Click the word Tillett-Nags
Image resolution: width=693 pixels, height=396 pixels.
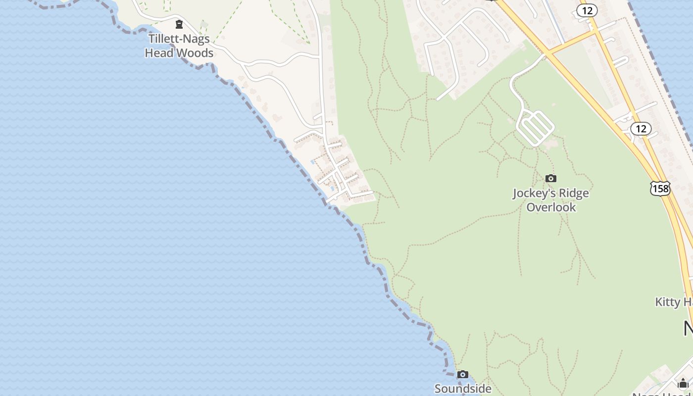pyautogui.click(x=179, y=39)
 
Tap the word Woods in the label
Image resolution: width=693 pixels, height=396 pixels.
pyautogui.click(x=197, y=53)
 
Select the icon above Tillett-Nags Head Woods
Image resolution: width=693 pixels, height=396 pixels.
pyautogui.click(x=179, y=24)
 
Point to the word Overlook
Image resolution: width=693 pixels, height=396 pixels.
pyautogui.click(x=551, y=207)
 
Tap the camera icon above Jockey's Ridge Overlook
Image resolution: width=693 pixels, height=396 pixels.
pyautogui.click(x=550, y=178)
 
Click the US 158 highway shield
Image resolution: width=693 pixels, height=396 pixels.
pyautogui.click(x=660, y=189)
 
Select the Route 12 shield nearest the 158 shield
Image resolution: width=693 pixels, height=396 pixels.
pyautogui.click(x=641, y=129)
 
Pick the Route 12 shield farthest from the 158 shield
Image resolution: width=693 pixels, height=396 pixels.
pyautogui.click(x=587, y=10)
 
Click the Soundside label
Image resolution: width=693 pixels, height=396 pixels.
pyautogui.click(x=463, y=389)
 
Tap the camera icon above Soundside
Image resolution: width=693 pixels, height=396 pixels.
pyautogui.click(x=462, y=374)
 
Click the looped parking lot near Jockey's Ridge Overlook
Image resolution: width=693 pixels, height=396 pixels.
pyautogui.click(x=535, y=128)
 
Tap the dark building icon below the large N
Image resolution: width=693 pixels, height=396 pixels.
pyautogui.click(x=683, y=383)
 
